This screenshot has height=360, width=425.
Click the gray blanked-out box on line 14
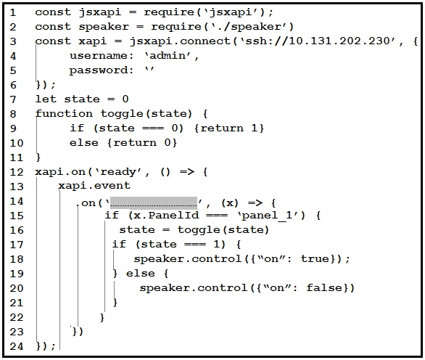(154, 202)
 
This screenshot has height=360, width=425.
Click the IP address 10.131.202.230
(339, 41)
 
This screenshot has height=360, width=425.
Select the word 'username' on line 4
(99, 56)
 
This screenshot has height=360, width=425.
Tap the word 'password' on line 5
(99, 70)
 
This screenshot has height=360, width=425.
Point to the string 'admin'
(167, 56)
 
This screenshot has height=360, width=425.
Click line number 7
(13, 99)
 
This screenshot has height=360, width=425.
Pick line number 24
(17, 346)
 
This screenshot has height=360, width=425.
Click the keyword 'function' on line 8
(64, 113)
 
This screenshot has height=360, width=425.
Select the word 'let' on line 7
(46, 99)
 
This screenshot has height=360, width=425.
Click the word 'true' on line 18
(315, 258)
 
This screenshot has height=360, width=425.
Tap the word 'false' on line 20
(324, 287)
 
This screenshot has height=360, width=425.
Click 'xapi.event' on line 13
(94, 186)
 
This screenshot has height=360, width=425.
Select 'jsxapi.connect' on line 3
(180, 41)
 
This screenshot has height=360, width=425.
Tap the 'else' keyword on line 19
(141, 273)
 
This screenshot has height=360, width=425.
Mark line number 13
(17, 187)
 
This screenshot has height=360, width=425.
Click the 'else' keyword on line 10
(83, 142)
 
